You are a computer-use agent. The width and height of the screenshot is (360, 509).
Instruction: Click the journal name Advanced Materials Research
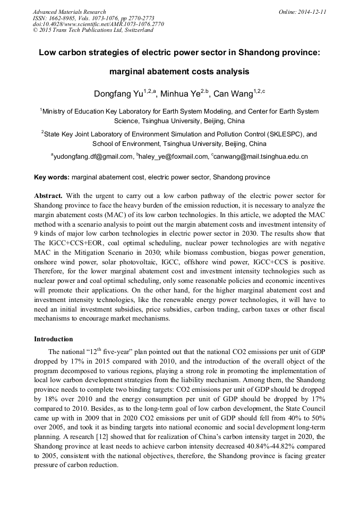[x=69, y=12]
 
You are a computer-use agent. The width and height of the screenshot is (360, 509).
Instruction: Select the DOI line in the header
[x=98, y=24]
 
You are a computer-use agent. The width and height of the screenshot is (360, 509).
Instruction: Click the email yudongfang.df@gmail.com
[x=93, y=157]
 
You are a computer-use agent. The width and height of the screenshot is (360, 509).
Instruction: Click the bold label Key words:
[x=52, y=177]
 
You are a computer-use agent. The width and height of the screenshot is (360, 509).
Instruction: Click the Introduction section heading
[x=54, y=339]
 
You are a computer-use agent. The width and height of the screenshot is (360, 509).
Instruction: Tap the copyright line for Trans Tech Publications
[x=93, y=30]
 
